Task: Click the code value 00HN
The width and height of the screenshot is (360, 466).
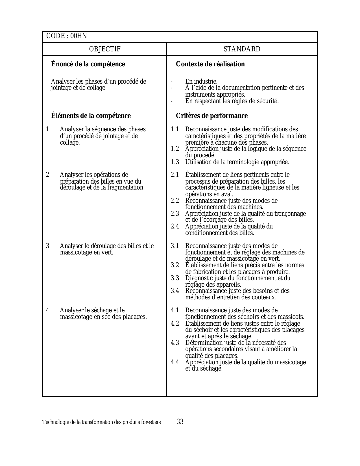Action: (x=79, y=36)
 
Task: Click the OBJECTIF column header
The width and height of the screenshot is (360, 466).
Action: (x=105, y=49)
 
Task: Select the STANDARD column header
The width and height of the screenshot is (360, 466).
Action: (x=242, y=49)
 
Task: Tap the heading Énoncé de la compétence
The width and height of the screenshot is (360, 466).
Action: (x=88, y=64)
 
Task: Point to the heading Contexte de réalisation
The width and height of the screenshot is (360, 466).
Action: (x=210, y=64)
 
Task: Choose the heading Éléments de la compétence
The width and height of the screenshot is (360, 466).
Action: (x=91, y=116)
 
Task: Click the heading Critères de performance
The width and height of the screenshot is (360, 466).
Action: (x=212, y=116)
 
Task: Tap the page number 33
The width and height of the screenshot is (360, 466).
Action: (x=180, y=422)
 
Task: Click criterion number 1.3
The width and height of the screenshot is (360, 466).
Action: (x=175, y=162)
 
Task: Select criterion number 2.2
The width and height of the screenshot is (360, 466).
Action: (x=175, y=201)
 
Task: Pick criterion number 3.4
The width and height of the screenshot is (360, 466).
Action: (x=175, y=291)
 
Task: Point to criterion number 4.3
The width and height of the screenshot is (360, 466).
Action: (x=175, y=343)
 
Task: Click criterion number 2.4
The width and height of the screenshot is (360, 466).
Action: (x=175, y=227)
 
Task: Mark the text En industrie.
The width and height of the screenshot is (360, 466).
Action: (x=201, y=82)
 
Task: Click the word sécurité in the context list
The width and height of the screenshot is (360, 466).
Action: (x=267, y=101)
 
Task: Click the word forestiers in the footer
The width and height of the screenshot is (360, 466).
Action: (x=151, y=422)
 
